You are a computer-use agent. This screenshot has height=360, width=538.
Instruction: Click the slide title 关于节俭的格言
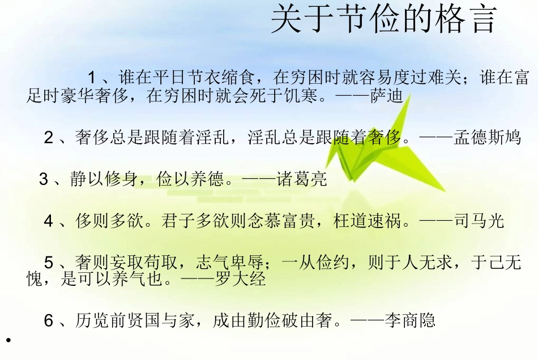[383, 21]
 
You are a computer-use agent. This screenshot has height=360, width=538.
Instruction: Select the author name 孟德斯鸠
[487, 138]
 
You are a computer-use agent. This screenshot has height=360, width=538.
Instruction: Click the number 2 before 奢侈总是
[49, 138]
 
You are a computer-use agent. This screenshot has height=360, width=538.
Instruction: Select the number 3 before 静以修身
[44, 179]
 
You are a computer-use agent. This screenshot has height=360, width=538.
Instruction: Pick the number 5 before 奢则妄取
[49, 263]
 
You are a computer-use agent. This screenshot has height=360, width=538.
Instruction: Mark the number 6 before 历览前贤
[49, 320]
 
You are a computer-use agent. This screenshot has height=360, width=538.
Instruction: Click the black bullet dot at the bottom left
[8, 340]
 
